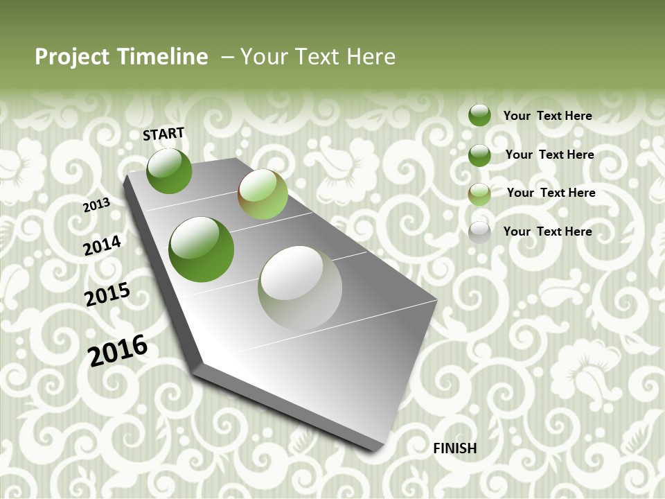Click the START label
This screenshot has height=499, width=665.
(163, 134)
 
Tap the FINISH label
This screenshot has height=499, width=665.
(454, 448)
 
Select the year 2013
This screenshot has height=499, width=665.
(96, 205)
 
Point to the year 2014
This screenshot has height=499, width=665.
(102, 245)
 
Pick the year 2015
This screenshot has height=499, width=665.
(107, 295)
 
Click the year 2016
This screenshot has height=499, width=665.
(118, 350)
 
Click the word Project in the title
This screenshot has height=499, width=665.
(72, 57)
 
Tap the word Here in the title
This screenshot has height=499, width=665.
(371, 57)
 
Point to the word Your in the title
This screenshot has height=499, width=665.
(264, 57)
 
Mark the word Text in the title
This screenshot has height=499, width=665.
(316, 57)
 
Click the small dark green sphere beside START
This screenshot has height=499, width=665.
(169, 170)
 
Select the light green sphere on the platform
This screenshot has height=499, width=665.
(263, 194)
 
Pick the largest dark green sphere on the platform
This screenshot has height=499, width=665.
(202, 249)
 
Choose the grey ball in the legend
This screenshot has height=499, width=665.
(479, 232)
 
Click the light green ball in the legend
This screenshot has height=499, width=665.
(479, 194)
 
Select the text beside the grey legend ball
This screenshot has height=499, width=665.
(547, 231)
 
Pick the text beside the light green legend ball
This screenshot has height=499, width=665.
(551, 193)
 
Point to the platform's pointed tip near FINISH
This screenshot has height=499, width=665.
(378, 447)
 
